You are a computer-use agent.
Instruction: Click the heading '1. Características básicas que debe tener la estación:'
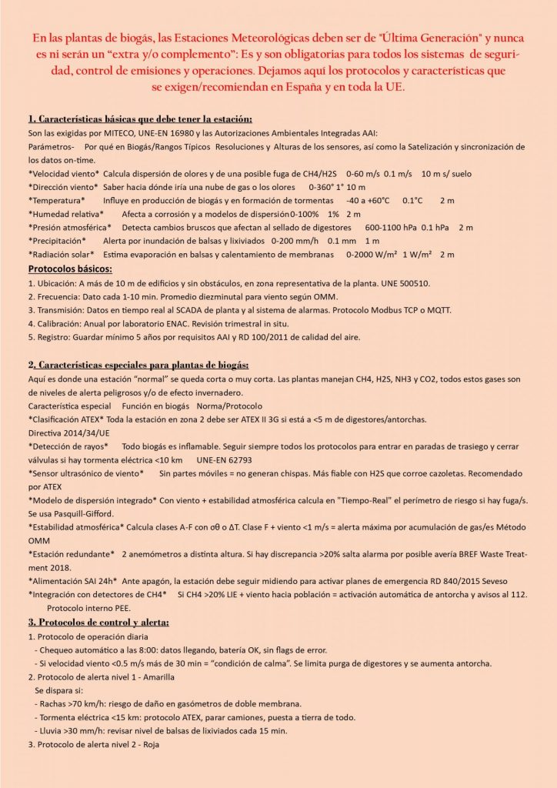point(140,119)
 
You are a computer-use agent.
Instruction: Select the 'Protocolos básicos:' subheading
point(70,269)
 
